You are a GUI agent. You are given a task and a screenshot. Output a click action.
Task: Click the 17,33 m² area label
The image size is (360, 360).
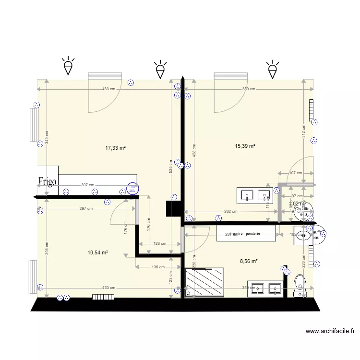[115, 148]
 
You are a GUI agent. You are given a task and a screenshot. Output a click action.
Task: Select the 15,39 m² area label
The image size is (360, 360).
[245, 146]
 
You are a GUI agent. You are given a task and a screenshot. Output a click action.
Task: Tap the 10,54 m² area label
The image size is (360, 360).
[97, 252]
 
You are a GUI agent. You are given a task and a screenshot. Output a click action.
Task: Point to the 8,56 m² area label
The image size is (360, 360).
[249, 261]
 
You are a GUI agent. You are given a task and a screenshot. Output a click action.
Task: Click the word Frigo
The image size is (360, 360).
[48, 181]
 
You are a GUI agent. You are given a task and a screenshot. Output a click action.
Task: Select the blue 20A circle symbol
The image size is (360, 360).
[132, 190]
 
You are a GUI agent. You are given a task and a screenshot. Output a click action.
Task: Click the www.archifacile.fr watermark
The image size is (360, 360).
[330, 331]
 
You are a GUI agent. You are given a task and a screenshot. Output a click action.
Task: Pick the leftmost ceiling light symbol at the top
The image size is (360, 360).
[69, 66]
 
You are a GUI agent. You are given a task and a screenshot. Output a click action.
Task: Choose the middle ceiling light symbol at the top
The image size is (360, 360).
[160, 70]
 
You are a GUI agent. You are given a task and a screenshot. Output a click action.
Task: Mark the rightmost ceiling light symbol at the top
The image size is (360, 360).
[273, 70]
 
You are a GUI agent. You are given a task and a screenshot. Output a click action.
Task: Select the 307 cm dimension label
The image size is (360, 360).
[87, 185]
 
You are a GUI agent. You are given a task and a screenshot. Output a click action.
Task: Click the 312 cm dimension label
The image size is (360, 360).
[303, 131]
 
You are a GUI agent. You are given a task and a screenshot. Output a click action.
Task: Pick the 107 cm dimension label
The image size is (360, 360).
[295, 173]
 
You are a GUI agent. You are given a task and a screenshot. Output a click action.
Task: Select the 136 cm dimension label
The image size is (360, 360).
[158, 267]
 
